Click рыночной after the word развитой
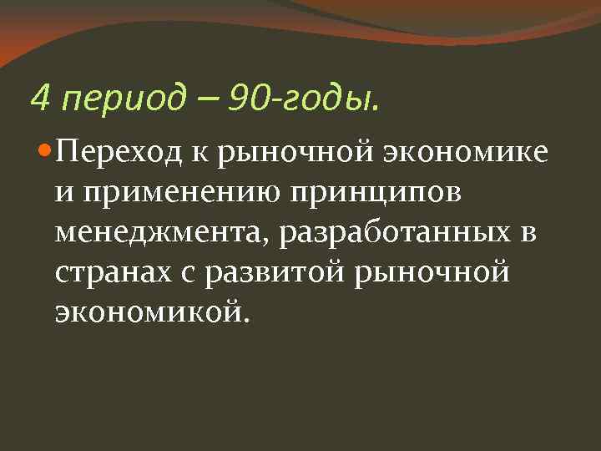point(447,273)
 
